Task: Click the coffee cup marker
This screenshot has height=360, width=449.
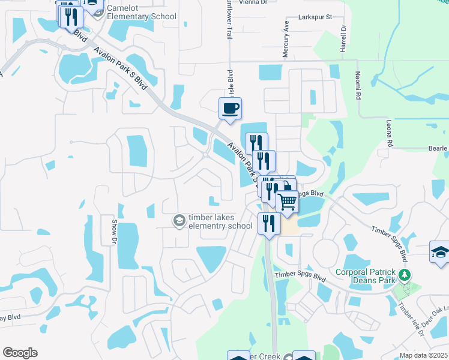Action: (230, 109)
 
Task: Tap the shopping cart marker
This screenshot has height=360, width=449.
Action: (288, 202)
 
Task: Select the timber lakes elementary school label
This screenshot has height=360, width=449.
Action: (220, 221)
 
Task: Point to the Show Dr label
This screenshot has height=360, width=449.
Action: (113, 231)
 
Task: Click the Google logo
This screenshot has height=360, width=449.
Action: (20, 353)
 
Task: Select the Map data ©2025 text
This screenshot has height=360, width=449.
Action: (423, 355)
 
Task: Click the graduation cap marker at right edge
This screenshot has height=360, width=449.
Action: (440, 252)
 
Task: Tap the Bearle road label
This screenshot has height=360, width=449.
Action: (439, 148)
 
